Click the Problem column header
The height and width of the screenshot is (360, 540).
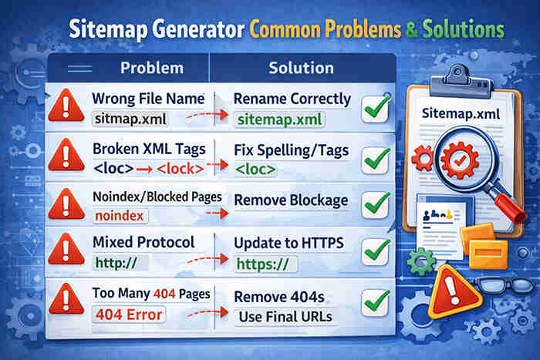pos(152,68)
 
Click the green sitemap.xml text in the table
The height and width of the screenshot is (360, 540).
pos(279,120)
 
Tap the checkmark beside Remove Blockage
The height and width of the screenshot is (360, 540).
pos(376,204)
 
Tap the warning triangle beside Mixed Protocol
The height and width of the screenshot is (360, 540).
pos(66,251)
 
